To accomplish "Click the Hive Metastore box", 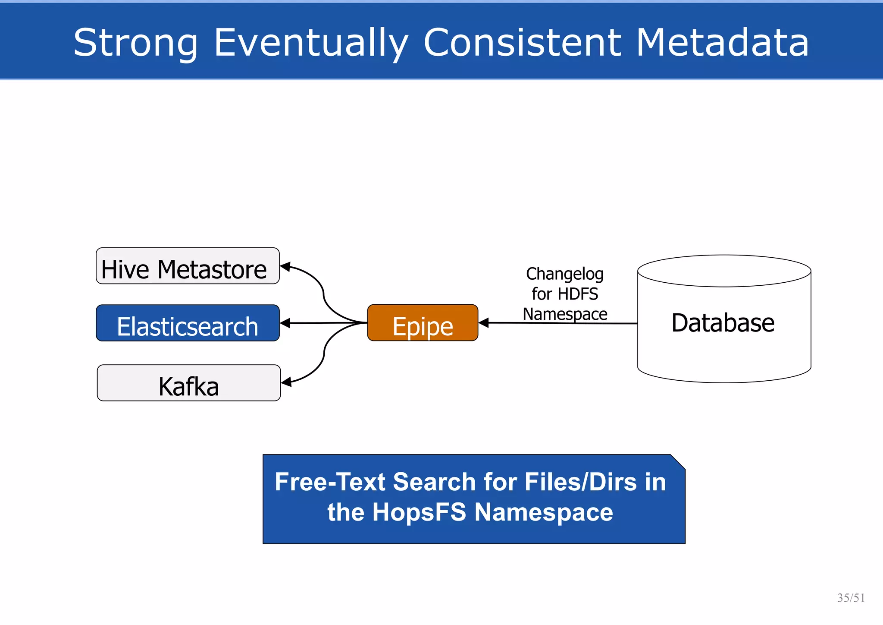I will [188, 266].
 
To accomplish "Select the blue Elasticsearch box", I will [188, 323].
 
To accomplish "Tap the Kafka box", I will [189, 383].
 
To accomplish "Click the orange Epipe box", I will [423, 323].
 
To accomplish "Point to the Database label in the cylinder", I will [723, 323].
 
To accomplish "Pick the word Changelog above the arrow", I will [564, 274].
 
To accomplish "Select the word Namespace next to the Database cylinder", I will [565, 314].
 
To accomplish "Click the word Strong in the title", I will [135, 43].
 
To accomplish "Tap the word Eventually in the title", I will [311, 43].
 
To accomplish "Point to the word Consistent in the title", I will [522, 43].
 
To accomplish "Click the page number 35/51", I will [851, 598].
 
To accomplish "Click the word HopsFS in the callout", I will [419, 512].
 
